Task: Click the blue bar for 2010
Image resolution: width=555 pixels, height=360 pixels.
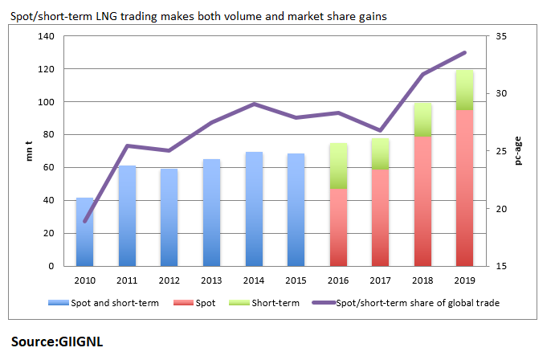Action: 84,231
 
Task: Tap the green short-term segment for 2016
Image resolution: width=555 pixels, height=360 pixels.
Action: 339,166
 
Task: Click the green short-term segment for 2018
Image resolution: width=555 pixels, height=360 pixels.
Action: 423,119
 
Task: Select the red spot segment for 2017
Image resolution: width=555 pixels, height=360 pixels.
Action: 381,217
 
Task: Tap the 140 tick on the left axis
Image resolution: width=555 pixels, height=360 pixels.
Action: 46,37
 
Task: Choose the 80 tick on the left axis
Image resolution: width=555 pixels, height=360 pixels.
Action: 48,135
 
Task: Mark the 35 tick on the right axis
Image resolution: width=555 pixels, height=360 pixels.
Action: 501,37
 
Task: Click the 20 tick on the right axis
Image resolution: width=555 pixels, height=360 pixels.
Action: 501,209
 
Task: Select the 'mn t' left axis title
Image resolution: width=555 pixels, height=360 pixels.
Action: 30,151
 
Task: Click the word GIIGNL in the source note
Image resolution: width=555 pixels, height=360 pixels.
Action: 80,341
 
